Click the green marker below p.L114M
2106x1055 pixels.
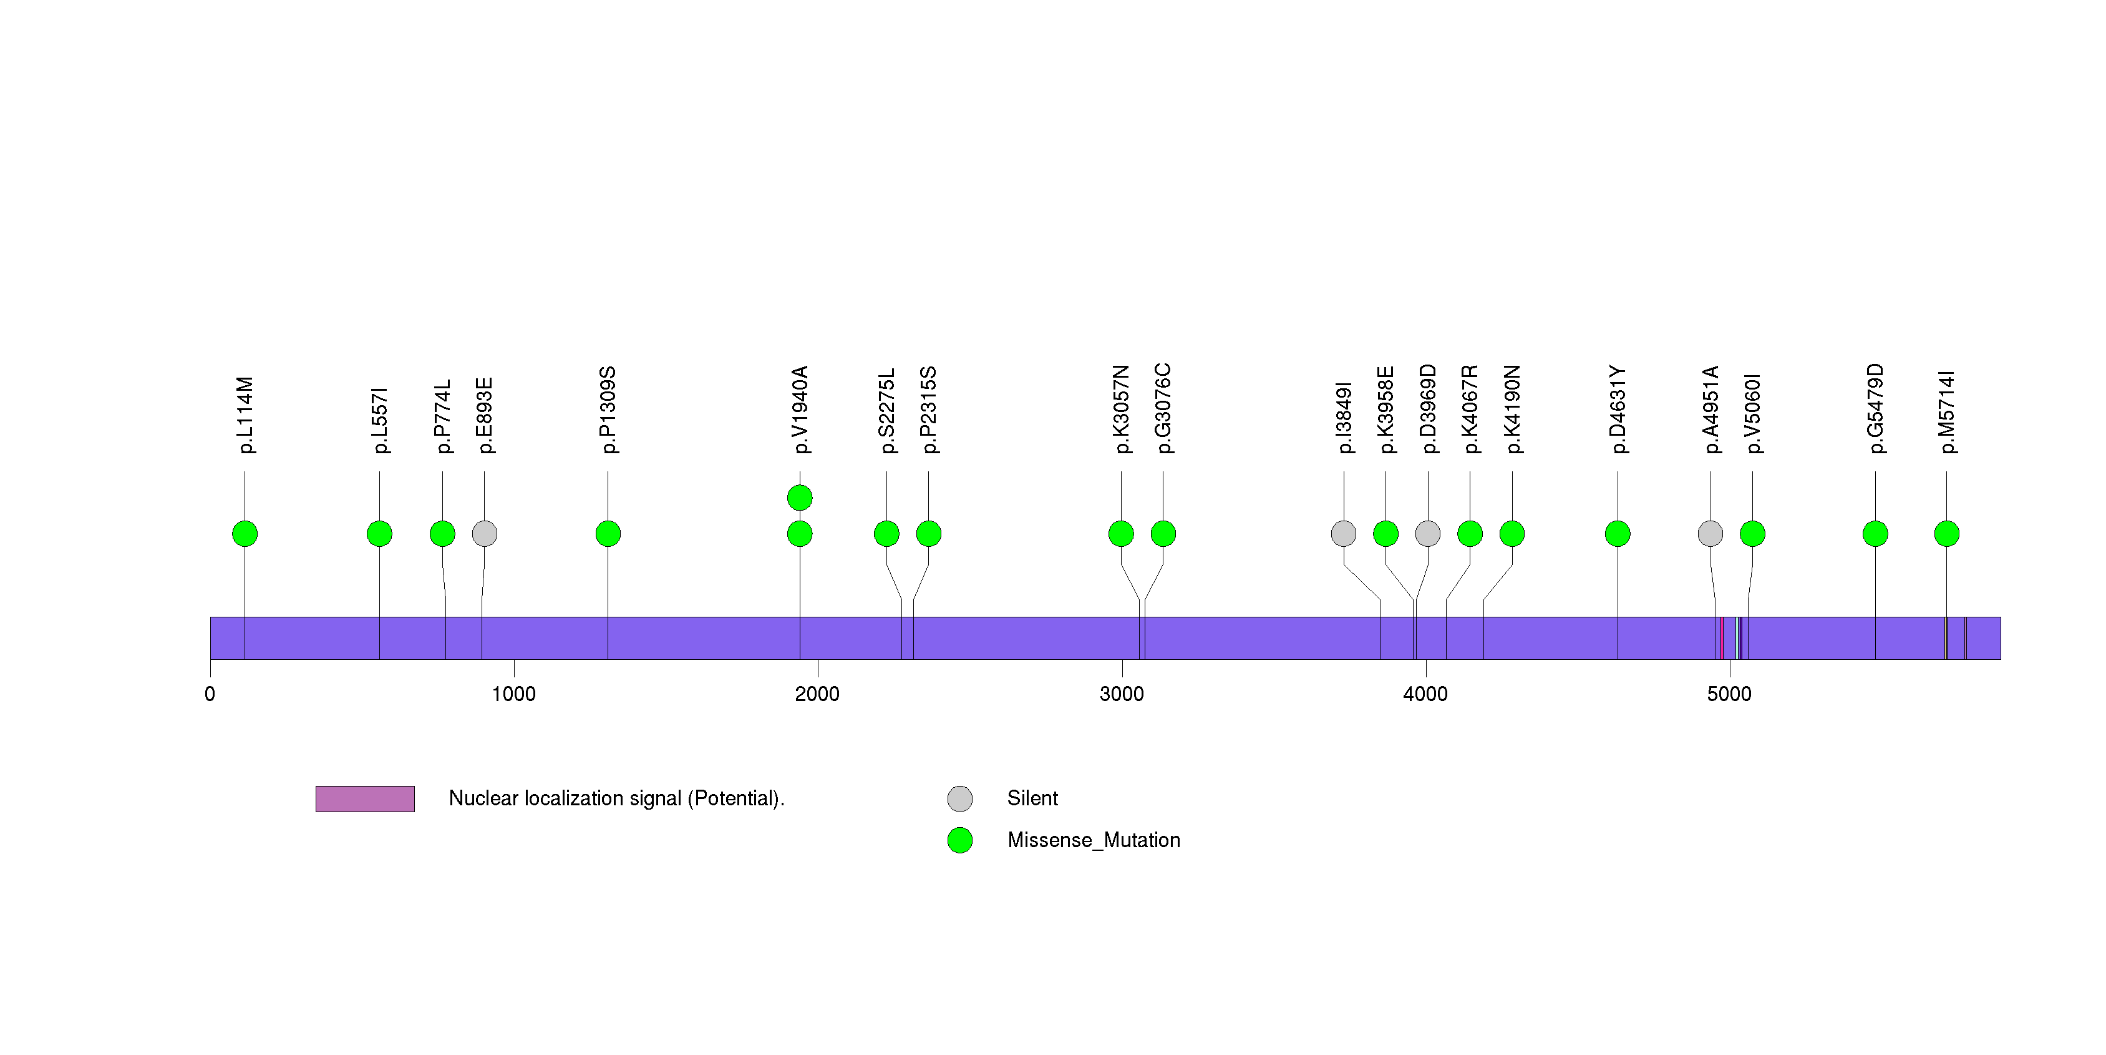pos(245,534)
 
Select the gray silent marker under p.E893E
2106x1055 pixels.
pos(485,534)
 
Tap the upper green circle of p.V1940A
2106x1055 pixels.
pos(800,498)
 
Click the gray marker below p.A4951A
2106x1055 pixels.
pos(1711,534)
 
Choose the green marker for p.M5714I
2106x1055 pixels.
pos(1946,534)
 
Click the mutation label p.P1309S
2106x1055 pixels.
pos(608,410)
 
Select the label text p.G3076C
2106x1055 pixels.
pos(1163,408)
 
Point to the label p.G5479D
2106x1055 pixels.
pos(1875,408)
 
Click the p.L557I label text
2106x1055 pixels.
pos(379,420)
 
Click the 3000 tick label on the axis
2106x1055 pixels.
pos(1122,694)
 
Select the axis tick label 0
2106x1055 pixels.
pos(210,694)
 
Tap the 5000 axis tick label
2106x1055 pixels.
pos(1729,694)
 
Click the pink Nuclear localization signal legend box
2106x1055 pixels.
pos(365,799)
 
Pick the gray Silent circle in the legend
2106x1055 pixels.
pos(960,799)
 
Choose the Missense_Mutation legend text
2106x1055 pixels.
pos(1094,840)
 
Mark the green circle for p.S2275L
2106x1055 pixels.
pos(886,534)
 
